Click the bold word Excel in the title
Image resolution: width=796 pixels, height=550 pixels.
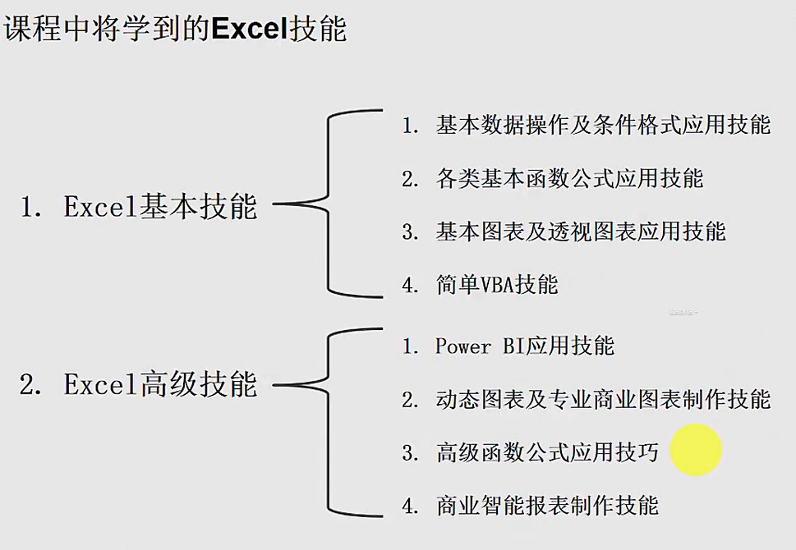pyautogui.click(x=251, y=29)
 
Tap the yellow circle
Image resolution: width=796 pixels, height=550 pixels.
pyautogui.click(x=696, y=450)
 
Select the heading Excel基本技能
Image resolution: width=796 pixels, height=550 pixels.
pyautogui.click(x=160, y=206)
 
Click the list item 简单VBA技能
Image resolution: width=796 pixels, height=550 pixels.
pyautogui.click(x=497, y=284)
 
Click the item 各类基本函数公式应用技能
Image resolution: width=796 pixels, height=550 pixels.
pyautogui.click(x=569, y=179)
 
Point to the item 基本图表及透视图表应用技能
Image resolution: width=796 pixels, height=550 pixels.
pyautogui.click(x=581, y=231)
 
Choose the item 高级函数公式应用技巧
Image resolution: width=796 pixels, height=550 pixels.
pyautogui.click(x=547, y=452)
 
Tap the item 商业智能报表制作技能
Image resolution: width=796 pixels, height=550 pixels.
pyautogui.click(x=547, y=506)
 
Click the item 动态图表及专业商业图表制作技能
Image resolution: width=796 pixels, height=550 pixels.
pyautogui.click(x=603, y=399)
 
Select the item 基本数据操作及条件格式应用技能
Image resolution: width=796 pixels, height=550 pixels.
pyautogui.click(x=603, y=125)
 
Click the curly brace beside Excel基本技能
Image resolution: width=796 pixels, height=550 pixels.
pyautogui.click(x=328, y=203)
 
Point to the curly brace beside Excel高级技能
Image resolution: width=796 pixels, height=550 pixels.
pyautogui.click(x=328, y=385)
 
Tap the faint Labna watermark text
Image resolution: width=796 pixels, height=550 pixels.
pyautogui.click(x=683, y=311)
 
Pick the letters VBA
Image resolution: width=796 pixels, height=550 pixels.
pyautogui.click(x=497, y=285)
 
